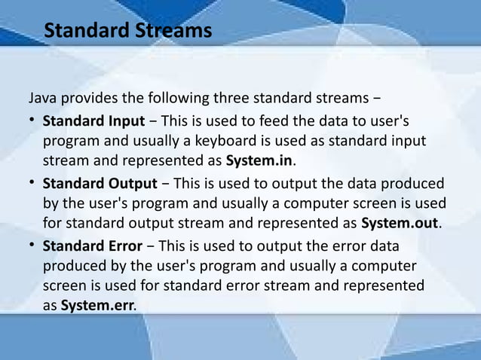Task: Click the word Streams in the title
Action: [x=173, y=32]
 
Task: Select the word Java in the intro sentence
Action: [x=42, y=99]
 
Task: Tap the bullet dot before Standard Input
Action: [x=32, y=121]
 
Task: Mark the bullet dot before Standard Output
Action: [x=32, y=183]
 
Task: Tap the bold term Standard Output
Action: [x=100, y=183]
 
